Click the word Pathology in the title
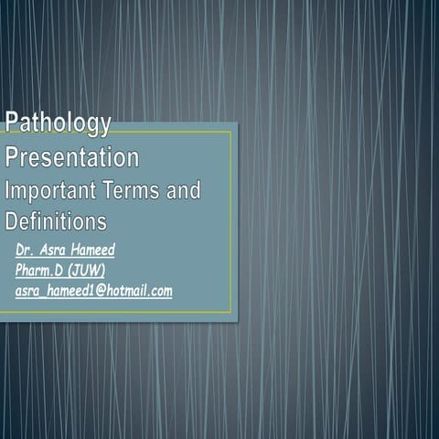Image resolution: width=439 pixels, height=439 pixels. (59, 123)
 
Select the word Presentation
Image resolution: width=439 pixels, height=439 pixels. (72, 157)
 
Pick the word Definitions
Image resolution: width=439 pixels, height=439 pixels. (56, 221)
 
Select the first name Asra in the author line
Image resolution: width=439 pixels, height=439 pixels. (55, 249)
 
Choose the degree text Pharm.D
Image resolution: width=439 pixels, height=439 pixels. (39, 270)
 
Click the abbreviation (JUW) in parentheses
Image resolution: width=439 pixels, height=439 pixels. (88, 270)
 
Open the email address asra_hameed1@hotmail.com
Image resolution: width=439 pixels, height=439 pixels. (93, 291)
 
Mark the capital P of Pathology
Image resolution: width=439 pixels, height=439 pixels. (13, 123)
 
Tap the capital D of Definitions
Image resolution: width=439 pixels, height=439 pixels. (12, 221)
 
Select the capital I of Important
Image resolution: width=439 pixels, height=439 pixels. (8, 191)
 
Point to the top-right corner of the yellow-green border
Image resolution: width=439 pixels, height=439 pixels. (231, 132)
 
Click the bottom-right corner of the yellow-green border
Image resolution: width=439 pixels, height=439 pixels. (231, 312)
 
